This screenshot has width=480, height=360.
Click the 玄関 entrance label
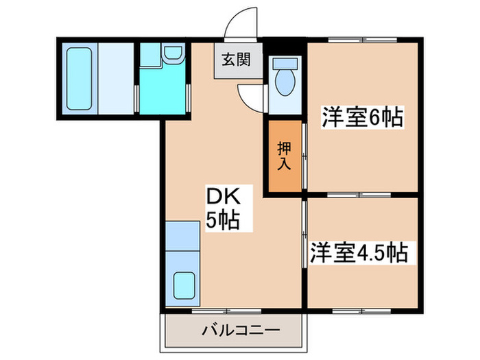(235, 59)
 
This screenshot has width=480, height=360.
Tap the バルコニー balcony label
(231, 331)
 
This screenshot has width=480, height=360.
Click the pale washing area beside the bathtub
(115, 78)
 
